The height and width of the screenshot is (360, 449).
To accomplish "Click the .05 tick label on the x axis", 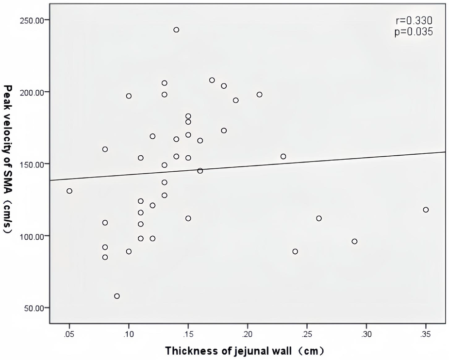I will [x=69, y=334].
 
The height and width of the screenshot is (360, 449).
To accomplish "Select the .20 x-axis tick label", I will [x=248, y=334].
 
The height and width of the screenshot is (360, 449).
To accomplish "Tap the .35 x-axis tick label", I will [x=426, y=334].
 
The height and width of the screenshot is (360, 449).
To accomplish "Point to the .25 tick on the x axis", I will [x=307, y=334].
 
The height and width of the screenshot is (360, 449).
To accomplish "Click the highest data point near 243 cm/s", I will [x=176, y=30].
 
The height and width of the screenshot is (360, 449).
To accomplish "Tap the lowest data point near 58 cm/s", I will [x=117, y=296].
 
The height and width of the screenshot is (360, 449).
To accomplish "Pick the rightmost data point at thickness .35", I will [x=426, y=210].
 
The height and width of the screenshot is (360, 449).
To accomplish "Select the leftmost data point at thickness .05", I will [x=69, y=191].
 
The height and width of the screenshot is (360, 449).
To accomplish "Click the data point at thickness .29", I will [x=354, y=241].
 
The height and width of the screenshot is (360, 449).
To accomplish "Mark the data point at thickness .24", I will [x=295, y=251].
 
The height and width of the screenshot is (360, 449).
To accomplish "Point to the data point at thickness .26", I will [x=319, y=218].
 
